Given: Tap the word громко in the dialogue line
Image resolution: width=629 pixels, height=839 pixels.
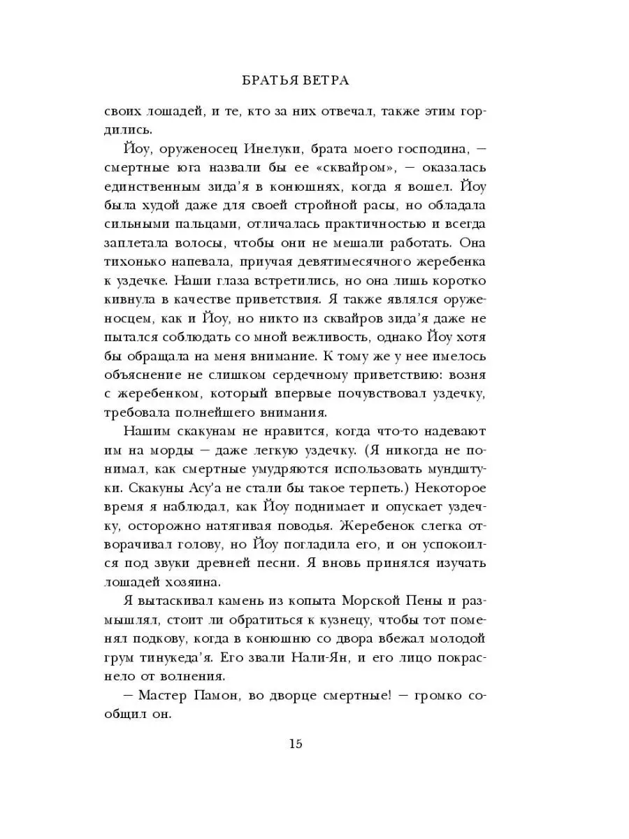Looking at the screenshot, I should coord(454,696).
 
